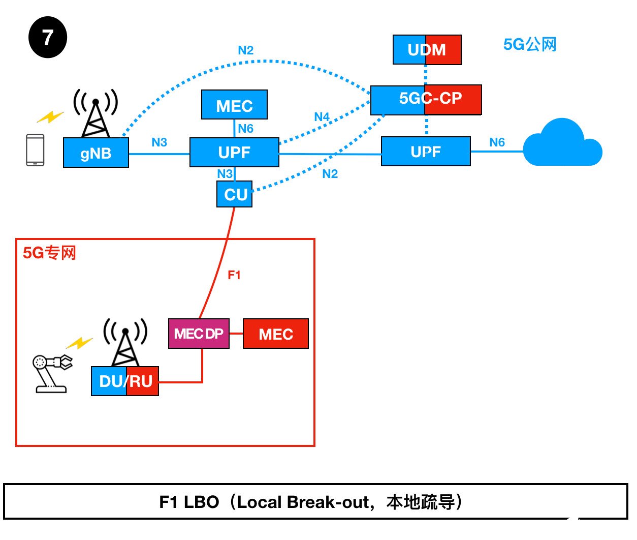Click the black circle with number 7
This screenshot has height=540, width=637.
click(x=48, y=37)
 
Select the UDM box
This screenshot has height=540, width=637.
click(x=427, y=50)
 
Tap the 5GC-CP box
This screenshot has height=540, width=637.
click(x=426, y=100)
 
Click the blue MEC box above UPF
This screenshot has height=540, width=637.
click(x=234, y=105)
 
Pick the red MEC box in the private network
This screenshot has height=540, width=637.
click(x=276, y=334)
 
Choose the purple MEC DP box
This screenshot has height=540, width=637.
click(x=199, y=334)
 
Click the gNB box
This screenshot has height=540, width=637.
click(x=95, y=153)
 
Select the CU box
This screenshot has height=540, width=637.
click(x=235, y=194)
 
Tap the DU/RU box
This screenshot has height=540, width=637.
click(x=125, y=381)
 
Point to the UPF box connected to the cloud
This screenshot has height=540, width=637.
click(x=426, y=152)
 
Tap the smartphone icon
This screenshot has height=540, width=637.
click(x=35, y=149)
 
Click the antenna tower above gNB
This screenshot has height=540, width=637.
click(x=95, y=113)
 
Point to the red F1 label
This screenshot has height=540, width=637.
click(x=234, y=275)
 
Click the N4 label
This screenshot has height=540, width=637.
click(x=322, y=117)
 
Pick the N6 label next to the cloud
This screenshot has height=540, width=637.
click(x=497, y=142)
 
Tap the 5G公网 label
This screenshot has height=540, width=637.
click(x=530, y=45)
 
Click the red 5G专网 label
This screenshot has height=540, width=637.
click(x=49, y=253)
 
